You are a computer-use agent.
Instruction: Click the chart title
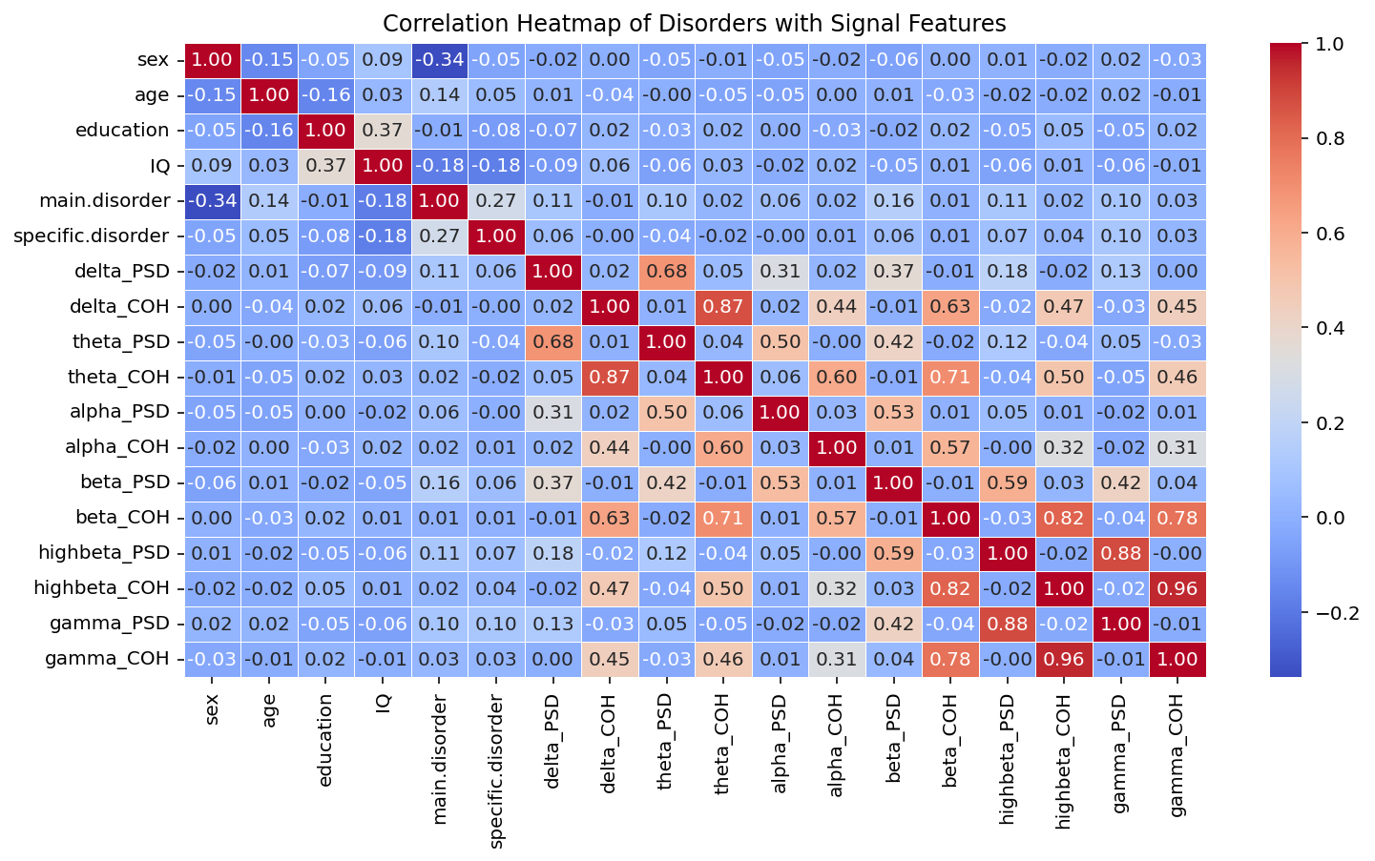pos(695,22)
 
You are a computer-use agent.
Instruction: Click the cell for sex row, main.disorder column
pos(439,59)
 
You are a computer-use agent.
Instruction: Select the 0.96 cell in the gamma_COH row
pos(1064,658)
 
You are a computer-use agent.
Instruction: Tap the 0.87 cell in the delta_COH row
pos(722,306)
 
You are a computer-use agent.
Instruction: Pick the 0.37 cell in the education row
pos(382,130)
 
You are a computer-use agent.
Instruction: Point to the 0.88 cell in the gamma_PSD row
pos(1007,623)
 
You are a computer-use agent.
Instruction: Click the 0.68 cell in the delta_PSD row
pos(666,271)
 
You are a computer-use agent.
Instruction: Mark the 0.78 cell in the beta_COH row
pos(1177,517)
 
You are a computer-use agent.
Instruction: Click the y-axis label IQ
pos(159,165)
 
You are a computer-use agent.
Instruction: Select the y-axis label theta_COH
pos(121,377)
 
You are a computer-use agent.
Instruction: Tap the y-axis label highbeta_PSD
pos(104,552)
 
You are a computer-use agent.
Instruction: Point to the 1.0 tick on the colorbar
pos(1331,44)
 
